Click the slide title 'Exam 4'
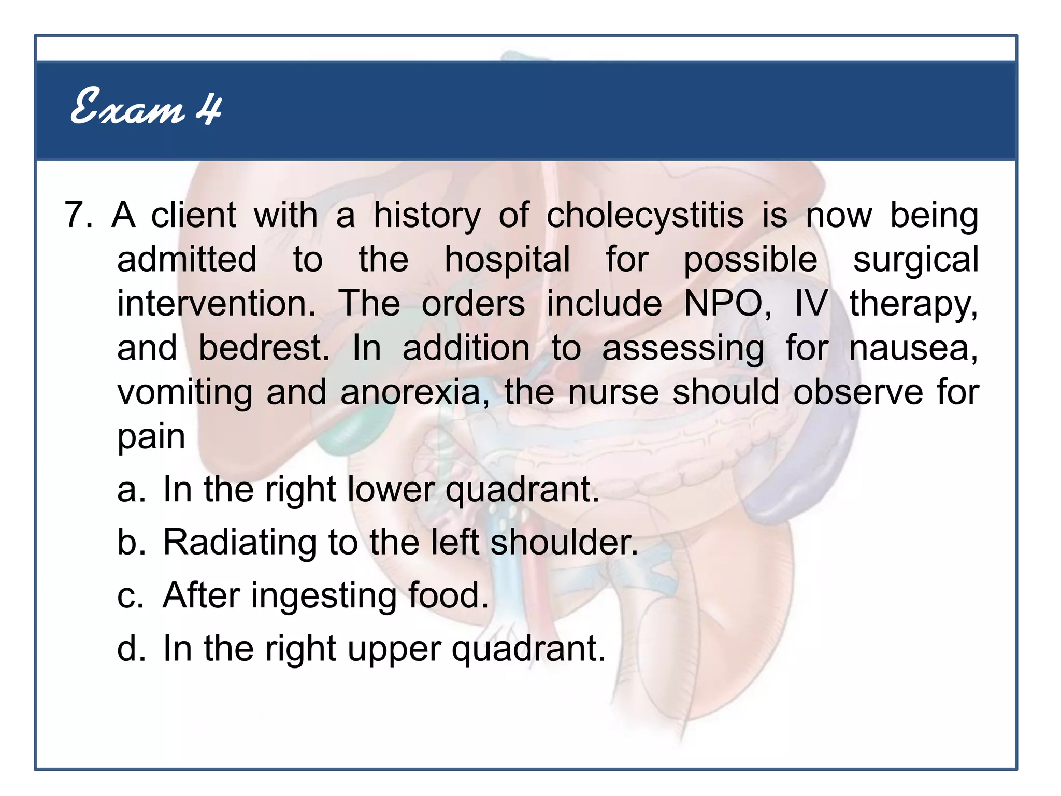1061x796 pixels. pyautogui.click(x=146, y=107)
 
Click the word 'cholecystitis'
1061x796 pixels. pyautogui.click(x=645, y=215)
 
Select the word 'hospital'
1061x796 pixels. pyautogui.click(x=507, y=260)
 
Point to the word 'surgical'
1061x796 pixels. pyautogui.click(x=915, y=260)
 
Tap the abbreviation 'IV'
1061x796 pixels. pyautogui.click(x=811, y=304)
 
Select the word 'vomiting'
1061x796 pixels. pyautogui.click(x=184, y=392)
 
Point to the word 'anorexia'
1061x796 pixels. pyautogui.click(x=411, y=392)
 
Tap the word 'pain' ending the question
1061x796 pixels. pyautogui.click(x=151, y=436)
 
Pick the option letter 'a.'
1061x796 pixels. pyautogui.click(x=131, y=489)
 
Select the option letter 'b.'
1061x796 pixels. pyautogui.click(x=131, y=543)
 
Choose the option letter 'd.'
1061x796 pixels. pyautogui.click(x=131, y=648)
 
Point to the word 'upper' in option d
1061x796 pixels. pyautogui.click(x=394, y=648)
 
